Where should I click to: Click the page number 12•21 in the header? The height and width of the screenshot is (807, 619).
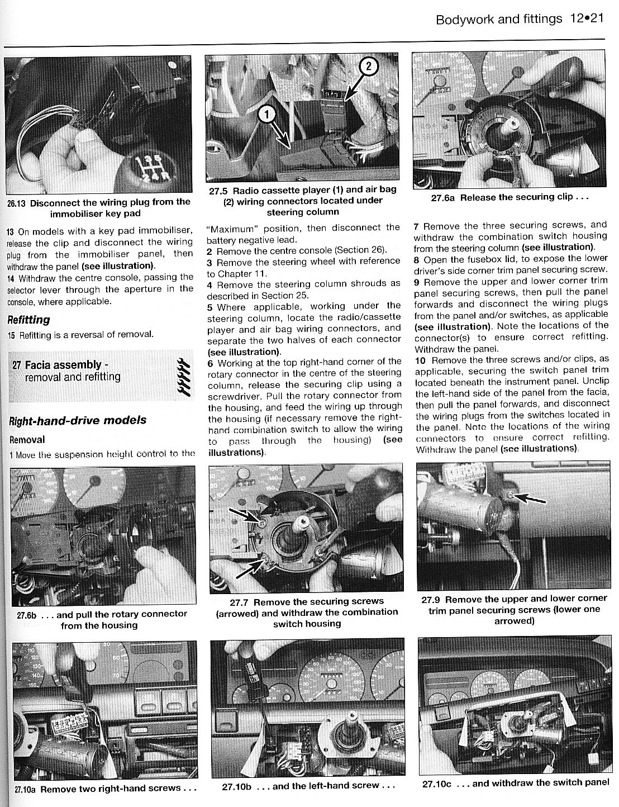pos(588,19)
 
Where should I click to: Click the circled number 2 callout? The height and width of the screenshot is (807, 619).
pos(368,67)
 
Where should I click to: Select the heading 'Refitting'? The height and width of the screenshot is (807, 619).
pos(28,320)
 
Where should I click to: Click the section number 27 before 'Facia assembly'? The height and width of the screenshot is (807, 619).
pos(17,365)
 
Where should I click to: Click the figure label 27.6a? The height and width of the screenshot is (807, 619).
pos(444,197)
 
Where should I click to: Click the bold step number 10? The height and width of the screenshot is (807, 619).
pos(420,360)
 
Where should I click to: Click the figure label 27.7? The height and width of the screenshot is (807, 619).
pos(242,602)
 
